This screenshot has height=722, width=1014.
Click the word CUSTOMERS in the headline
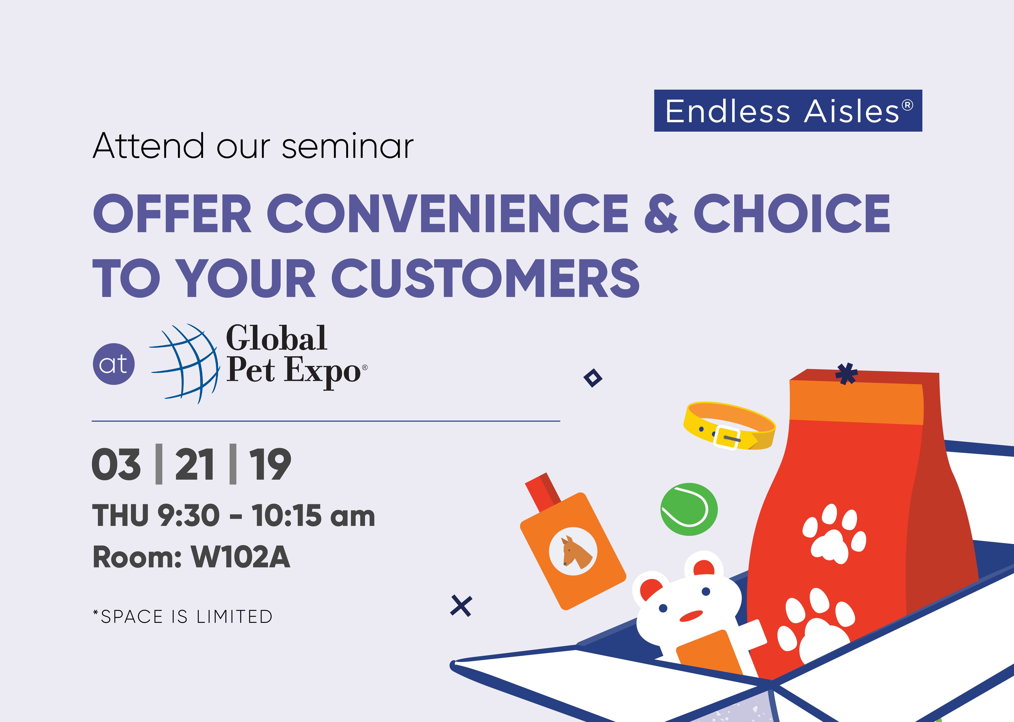(486, 278)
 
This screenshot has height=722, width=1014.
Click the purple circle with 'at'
(114, 364)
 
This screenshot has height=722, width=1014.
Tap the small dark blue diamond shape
(593, 378)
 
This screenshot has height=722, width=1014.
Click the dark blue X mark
(461, 606)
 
